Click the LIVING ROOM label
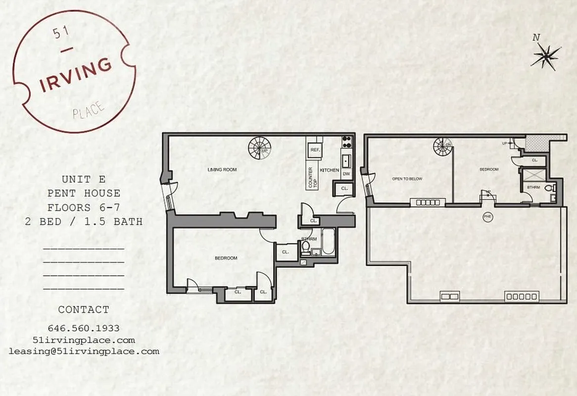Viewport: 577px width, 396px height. [222, 170]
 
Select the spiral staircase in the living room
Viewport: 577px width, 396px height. [259, 146]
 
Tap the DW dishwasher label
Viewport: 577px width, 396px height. [346, 174]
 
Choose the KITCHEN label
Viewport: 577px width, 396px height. [330, 170]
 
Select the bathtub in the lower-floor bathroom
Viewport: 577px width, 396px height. [329, 243]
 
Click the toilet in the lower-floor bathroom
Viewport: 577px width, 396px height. [306, 247]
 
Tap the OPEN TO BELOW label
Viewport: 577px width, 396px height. [407, 179]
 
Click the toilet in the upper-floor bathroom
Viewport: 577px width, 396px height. [554, 188]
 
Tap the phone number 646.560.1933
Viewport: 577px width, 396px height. [84, 328]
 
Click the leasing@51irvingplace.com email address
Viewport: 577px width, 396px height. [84, 351]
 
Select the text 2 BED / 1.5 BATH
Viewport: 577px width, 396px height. [84, 221]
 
